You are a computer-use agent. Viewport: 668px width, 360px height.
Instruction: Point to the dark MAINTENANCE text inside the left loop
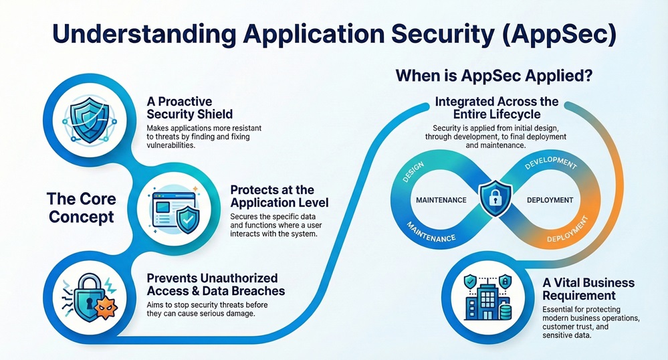(441, 199)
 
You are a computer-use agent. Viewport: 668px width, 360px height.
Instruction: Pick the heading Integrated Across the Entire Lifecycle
(496, 108)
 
